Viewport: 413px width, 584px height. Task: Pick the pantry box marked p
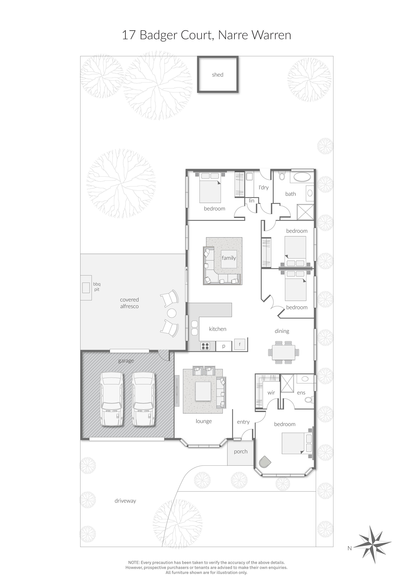(224, 346)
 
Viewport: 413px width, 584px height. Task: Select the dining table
(283, 352)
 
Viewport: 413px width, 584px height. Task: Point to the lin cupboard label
(252, 201)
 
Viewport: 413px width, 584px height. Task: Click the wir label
(271, 393)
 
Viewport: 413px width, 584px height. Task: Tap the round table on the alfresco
(171, 313)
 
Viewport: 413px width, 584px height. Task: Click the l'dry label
(264, 187)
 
